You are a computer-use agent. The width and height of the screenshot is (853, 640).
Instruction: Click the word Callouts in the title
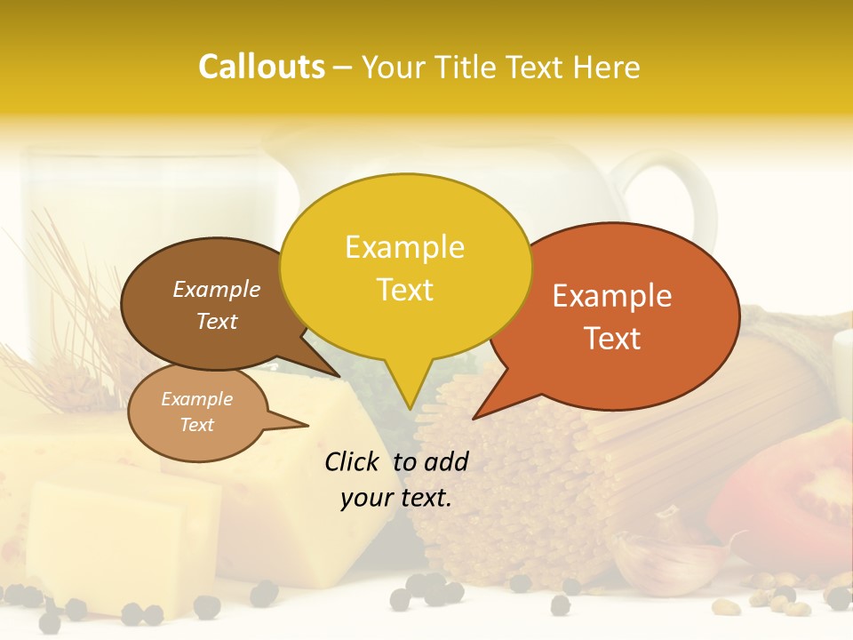[261, 67]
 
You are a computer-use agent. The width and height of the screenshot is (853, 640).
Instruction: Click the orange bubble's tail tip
[475, 417]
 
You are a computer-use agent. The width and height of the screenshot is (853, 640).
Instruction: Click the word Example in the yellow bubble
[404, 247]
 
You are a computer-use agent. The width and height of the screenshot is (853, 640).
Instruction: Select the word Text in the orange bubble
[612, 339]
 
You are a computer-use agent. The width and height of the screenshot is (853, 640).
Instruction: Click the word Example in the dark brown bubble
[216, 290]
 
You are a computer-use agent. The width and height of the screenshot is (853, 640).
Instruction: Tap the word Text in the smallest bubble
[196, 425]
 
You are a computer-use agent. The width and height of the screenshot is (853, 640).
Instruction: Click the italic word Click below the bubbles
[354, 461]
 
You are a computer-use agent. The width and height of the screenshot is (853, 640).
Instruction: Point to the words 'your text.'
[396, 498]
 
